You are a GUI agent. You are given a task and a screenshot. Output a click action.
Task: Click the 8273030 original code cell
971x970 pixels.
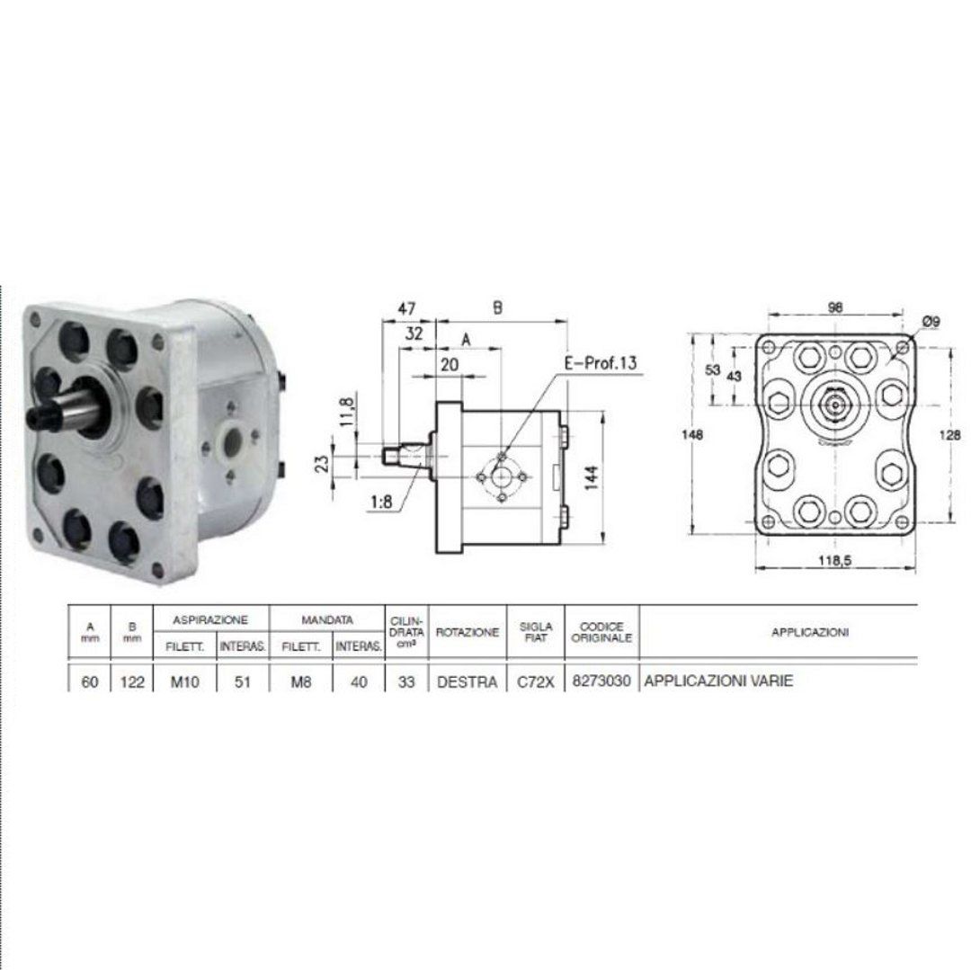coord(601,681)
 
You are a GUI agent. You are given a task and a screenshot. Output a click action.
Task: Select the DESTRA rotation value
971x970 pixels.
coord(467,682)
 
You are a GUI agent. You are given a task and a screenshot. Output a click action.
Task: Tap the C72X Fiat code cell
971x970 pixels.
coord(536,682)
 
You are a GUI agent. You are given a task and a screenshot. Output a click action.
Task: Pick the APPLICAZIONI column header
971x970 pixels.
coord(809,632)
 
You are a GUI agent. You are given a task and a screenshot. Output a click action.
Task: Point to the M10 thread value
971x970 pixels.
coord(184,682)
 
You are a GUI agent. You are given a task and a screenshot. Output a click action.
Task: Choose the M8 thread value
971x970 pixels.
coord(301,682)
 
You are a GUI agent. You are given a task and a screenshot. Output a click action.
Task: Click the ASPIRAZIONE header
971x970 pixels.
coord(210,619)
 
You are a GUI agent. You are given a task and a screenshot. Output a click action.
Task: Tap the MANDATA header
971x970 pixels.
coord(327,619)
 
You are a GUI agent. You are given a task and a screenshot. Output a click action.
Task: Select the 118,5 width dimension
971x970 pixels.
coord(834,560)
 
